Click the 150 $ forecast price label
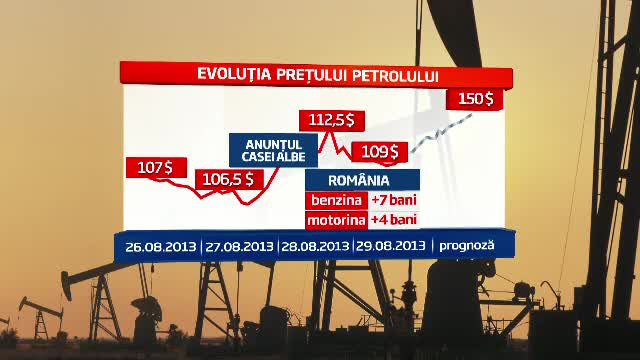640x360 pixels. [x=475, y=98]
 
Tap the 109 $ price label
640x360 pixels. [x=379, y=152]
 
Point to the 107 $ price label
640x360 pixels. [x=154, y=168]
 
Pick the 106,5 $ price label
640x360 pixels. [x=231, y=179]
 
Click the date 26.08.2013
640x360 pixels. [x=161, y=245]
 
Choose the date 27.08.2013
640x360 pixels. [x=239, y=245]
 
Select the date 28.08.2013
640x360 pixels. [x=315, y=245]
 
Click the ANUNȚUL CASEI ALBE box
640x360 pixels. [x=273, y=150]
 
